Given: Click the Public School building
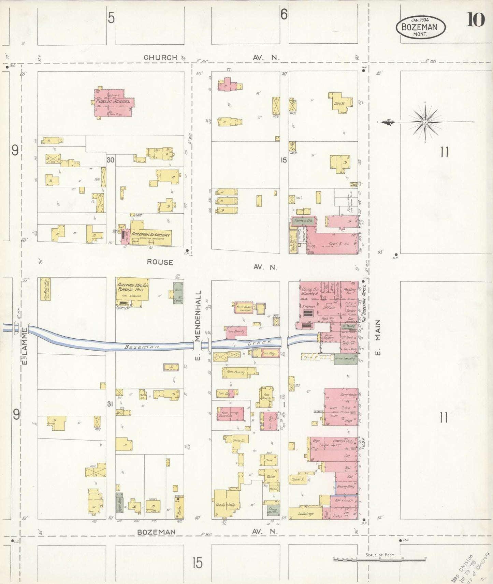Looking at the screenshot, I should click(x=114, y=102).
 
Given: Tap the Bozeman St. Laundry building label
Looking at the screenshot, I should click(x=150, y=235).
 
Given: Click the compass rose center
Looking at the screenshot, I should click(x=425, y=122).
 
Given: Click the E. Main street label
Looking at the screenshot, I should click(x=378, y=337).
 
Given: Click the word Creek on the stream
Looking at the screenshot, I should click(x=259, y=342).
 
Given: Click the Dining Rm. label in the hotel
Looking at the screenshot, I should click(x=309, y=289).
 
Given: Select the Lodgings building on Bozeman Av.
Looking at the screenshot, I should click(x=305, y=513).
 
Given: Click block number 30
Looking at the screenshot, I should click(x=110, y=160).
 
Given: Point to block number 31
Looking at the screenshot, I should click(x=110, y=404).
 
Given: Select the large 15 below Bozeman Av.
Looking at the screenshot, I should click(x=197, y=563).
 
